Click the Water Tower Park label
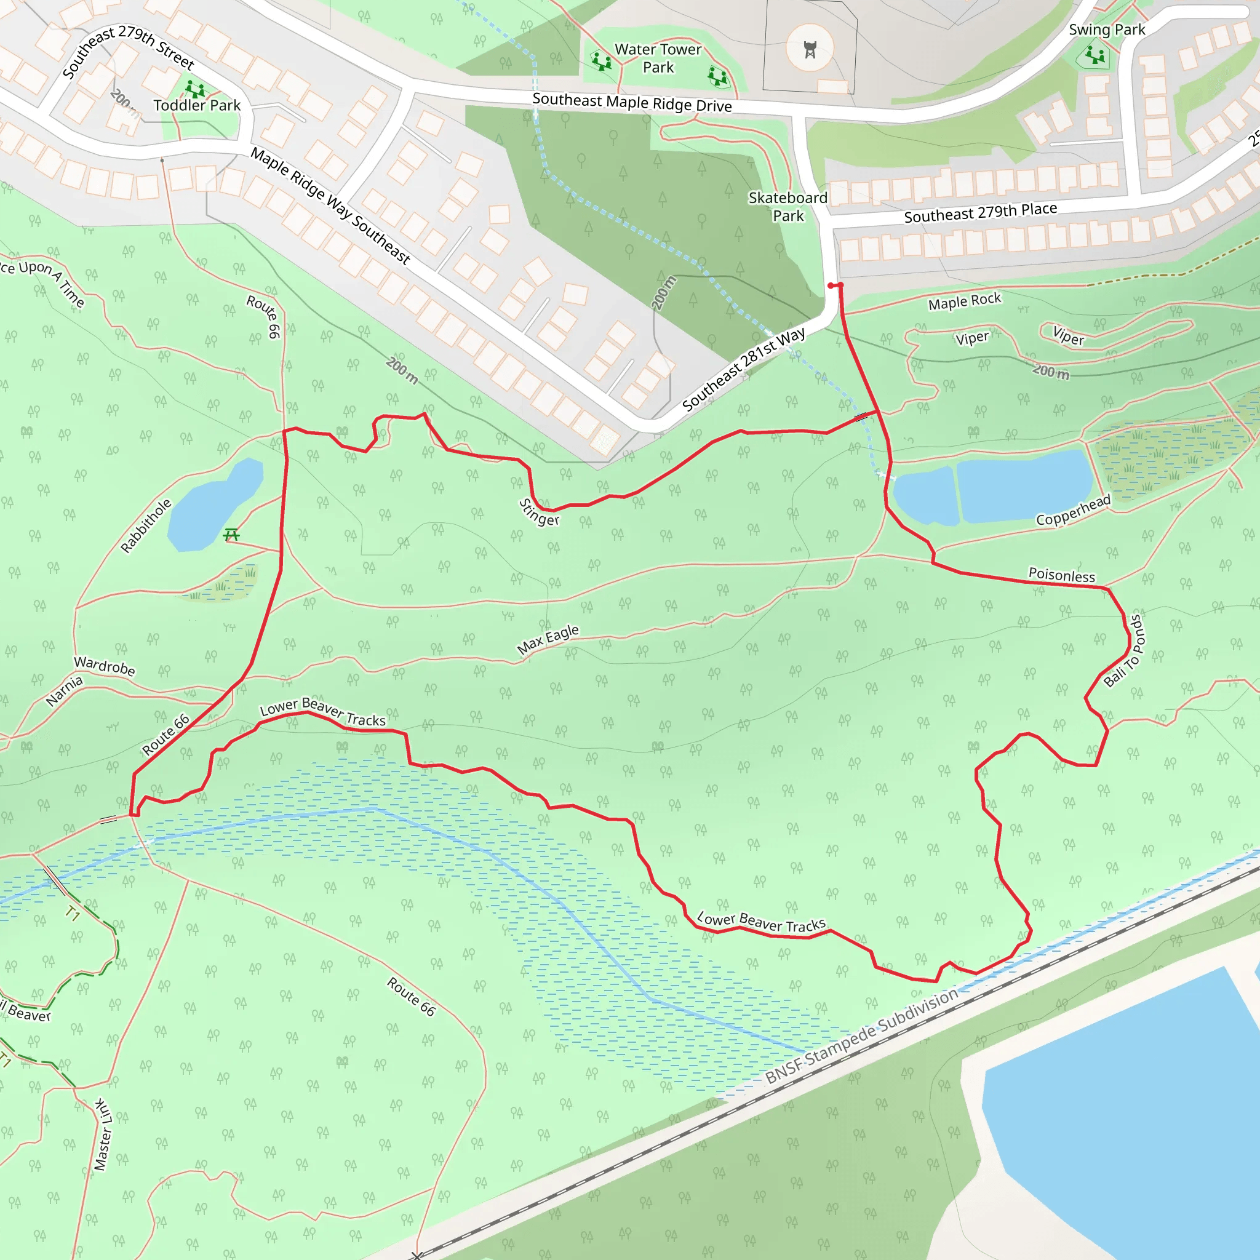coord(658,58)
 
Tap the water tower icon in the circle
coord(810,49)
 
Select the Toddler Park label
coord(197,105)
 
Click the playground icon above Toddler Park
coord(194,89)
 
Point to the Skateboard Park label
coord(788,207)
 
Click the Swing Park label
coord(1107,30)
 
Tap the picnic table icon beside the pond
coord(231,535)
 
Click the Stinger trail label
coord(539,512)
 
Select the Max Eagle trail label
coord(548,639)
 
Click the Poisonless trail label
coord(1062,575)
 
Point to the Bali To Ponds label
coord(1123,651)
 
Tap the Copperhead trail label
coord(1073,511)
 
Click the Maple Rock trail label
coord(965,301)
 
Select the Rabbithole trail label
coord(146,525)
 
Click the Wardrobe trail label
coord(105,666)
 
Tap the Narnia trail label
coord(65,691)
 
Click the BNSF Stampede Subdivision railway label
coord(861,1035)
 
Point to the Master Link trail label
coord(102,1134)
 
